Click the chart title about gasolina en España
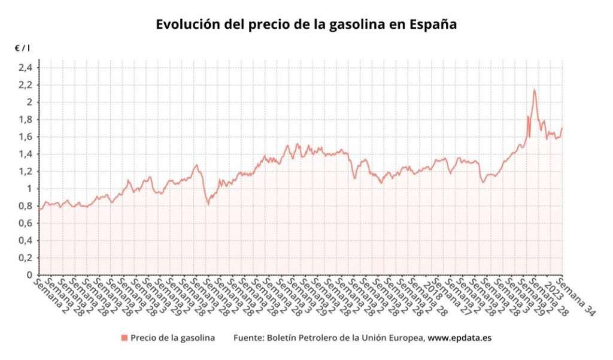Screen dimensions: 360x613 (306, 25)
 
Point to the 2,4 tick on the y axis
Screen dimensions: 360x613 (26, 68)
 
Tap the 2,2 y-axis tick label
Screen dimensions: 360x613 (26, 85)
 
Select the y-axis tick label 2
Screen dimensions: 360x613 (29, 102)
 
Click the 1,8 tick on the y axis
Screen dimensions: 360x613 (26, 120)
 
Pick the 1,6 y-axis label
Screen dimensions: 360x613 (26, 137)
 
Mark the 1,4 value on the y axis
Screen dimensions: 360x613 (26, 155)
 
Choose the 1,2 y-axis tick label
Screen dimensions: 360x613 (26, 172)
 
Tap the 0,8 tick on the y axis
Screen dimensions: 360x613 (26, 206)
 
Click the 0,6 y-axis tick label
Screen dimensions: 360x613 (26, 223)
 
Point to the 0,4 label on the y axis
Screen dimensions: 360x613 (26, 241)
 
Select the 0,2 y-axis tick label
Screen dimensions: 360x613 (26, 258)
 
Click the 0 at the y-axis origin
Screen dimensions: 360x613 (29, 276)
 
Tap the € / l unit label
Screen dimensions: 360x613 (23, 47)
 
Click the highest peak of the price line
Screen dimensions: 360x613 (533, 90)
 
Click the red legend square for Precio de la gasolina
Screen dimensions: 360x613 (124, 338)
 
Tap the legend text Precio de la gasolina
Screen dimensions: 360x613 (172, 338)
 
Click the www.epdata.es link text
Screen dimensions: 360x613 (459, 338)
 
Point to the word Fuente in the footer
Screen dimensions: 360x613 (247, 338)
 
